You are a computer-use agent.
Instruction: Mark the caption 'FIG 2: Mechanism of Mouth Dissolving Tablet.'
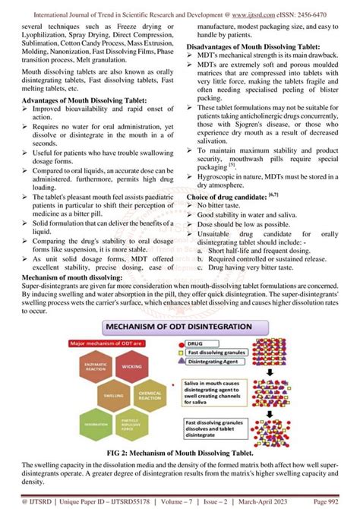[x=179, y=452]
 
